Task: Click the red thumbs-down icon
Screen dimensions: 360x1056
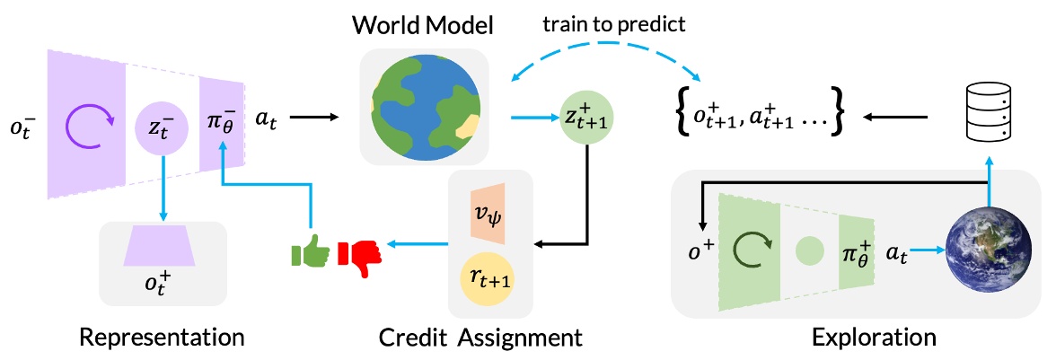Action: click(x=360, y=252)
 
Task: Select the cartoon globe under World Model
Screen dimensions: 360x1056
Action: click(x=422, y=107)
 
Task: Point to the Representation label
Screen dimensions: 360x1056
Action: click(x=163, y=338)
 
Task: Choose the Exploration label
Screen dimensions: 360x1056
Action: click(x=873, y=338)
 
